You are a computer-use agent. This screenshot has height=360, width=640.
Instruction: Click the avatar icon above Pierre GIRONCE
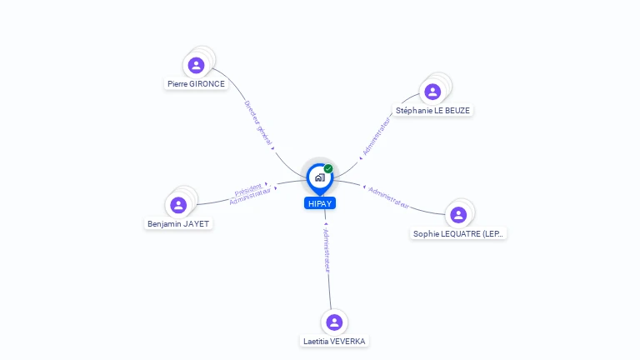coord(197,65)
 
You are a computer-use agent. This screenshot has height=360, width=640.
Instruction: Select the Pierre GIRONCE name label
coord(196,84)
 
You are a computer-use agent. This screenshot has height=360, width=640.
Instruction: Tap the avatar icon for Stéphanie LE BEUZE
coord(432,92)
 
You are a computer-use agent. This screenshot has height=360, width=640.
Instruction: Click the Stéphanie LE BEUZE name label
coord(433,110)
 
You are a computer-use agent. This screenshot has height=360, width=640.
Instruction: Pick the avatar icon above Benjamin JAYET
coord(178,205)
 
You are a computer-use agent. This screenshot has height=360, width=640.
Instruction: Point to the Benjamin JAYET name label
coord(178,224)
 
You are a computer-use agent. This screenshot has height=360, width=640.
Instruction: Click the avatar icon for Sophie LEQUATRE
coord(458,215)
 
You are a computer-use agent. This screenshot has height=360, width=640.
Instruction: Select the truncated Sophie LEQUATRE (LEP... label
coord(458,234)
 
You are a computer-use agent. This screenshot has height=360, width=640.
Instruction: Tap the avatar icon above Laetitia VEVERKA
coord(334,322)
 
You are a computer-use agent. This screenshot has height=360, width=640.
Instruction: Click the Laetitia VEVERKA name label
coord(334,342)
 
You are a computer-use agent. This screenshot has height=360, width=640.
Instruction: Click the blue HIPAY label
coord(320,203)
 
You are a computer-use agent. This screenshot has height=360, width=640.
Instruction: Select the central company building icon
coord(319,177)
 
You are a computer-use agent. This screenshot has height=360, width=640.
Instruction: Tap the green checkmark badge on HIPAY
coord(328,169)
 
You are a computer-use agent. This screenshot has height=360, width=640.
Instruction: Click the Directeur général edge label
coord(257,123)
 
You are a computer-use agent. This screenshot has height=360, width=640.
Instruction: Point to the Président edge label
coord(248,188)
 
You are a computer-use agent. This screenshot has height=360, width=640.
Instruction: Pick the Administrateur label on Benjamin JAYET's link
coord(250,197)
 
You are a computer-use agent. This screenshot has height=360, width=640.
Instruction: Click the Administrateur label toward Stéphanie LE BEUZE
coord(376,135)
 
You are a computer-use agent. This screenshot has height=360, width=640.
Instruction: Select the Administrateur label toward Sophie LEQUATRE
coord(389,197)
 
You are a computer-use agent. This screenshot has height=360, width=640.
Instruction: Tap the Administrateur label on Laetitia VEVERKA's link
coord(327,250)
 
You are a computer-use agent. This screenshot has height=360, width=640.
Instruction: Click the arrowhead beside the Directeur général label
coord(272,148)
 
